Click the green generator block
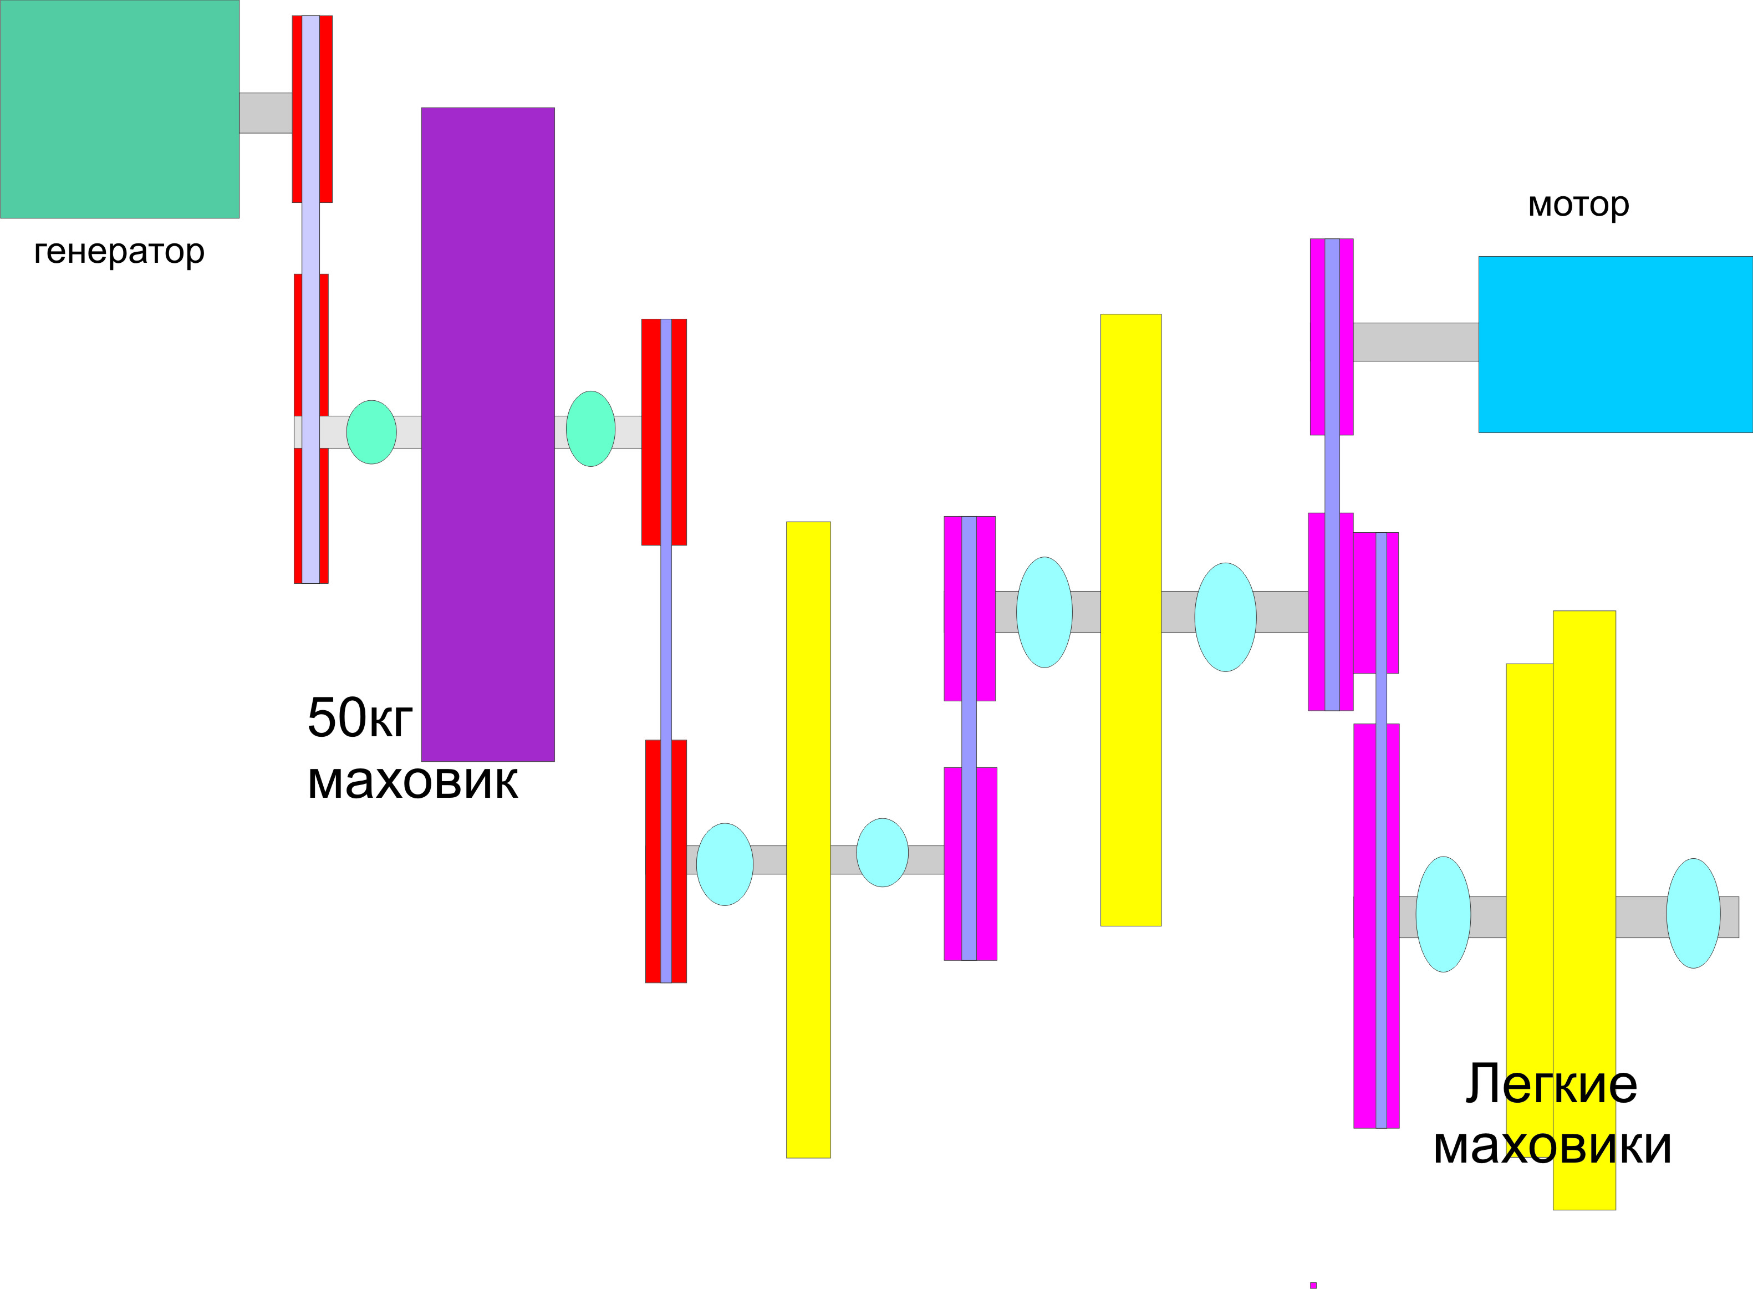click(x=119, y=109)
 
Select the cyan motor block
click(x=1614, y=344)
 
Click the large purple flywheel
click(x=488, y=434)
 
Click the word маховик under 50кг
click(x=412, y=780)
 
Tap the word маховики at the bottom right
click(x=1552, y=1145)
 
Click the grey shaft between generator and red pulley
click(x=265, y=113)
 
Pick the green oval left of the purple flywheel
click(x=371, y=432)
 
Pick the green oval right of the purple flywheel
click(x=590, y=429)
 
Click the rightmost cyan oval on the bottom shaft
click(x=1693, y=914)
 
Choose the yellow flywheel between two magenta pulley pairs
click(x=1130, y=620)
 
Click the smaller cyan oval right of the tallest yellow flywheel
click(x=883, y=853)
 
